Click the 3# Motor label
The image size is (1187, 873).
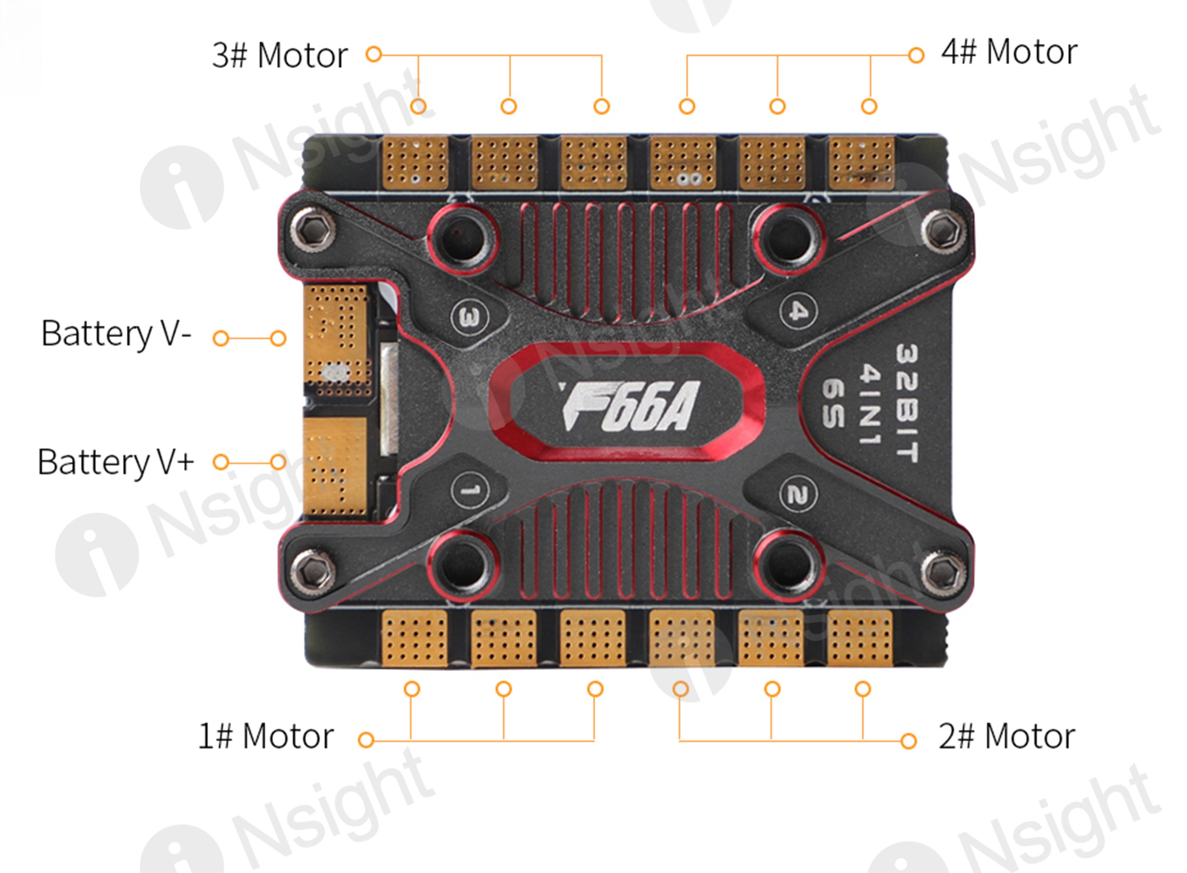point(280,55)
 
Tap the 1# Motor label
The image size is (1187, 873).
point(265,736)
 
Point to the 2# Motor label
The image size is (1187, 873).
point(1007,736)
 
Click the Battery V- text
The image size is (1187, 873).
point(116,334)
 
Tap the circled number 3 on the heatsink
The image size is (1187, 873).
point(470,317)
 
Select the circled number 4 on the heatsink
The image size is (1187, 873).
point(798,311)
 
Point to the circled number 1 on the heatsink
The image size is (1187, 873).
point(470,490)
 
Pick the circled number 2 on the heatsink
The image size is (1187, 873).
point(798,495)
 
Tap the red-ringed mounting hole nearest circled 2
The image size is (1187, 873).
point(789,565)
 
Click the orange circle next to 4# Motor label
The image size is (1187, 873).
point(916,55)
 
